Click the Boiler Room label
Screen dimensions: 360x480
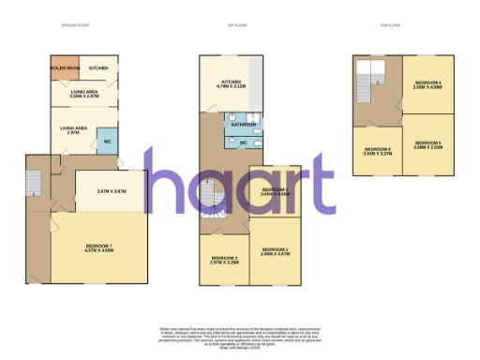[x=65, y=68]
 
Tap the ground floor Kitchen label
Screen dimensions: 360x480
[x=98, y=68]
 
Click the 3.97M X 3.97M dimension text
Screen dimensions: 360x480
[x=111, y=191]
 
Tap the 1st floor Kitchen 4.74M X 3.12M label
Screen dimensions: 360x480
[x=231, y=84]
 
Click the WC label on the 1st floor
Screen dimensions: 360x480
[x=245, y=142]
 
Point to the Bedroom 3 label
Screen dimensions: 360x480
[x=224, y=260]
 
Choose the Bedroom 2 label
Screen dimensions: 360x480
[x=274, y=251]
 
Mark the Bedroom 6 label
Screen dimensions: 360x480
[x=378, y=151]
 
